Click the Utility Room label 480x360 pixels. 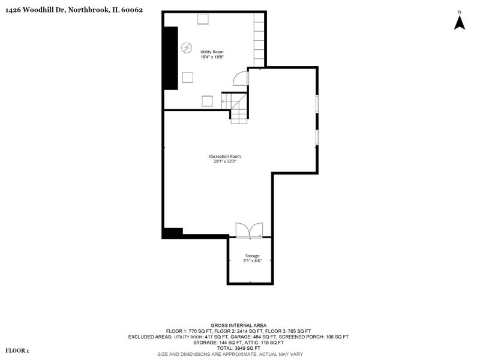pos(212,52)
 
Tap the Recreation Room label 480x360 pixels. pos(224,156)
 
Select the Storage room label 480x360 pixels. pos(252,256)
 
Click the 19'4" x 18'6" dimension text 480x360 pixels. pos(212,57)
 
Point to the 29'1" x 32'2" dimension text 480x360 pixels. pos(225,161)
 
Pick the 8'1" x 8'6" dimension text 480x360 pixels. pos(252,261)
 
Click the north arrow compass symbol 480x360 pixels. pos(460,22)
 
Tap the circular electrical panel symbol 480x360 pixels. pos(187,48)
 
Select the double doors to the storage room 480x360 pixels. pos(249,230)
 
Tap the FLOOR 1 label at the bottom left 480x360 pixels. pos(17,350)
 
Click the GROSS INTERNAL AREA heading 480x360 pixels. pos(238,325)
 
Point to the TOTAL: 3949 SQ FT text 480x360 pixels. pos(238,348)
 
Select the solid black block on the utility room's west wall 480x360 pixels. pos(171,58)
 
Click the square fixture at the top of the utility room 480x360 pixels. pos(203,19)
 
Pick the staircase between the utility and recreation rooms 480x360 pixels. pos(235,108)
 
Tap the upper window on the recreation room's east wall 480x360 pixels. pos(317,102)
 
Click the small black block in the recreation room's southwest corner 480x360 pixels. pos(173,233)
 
